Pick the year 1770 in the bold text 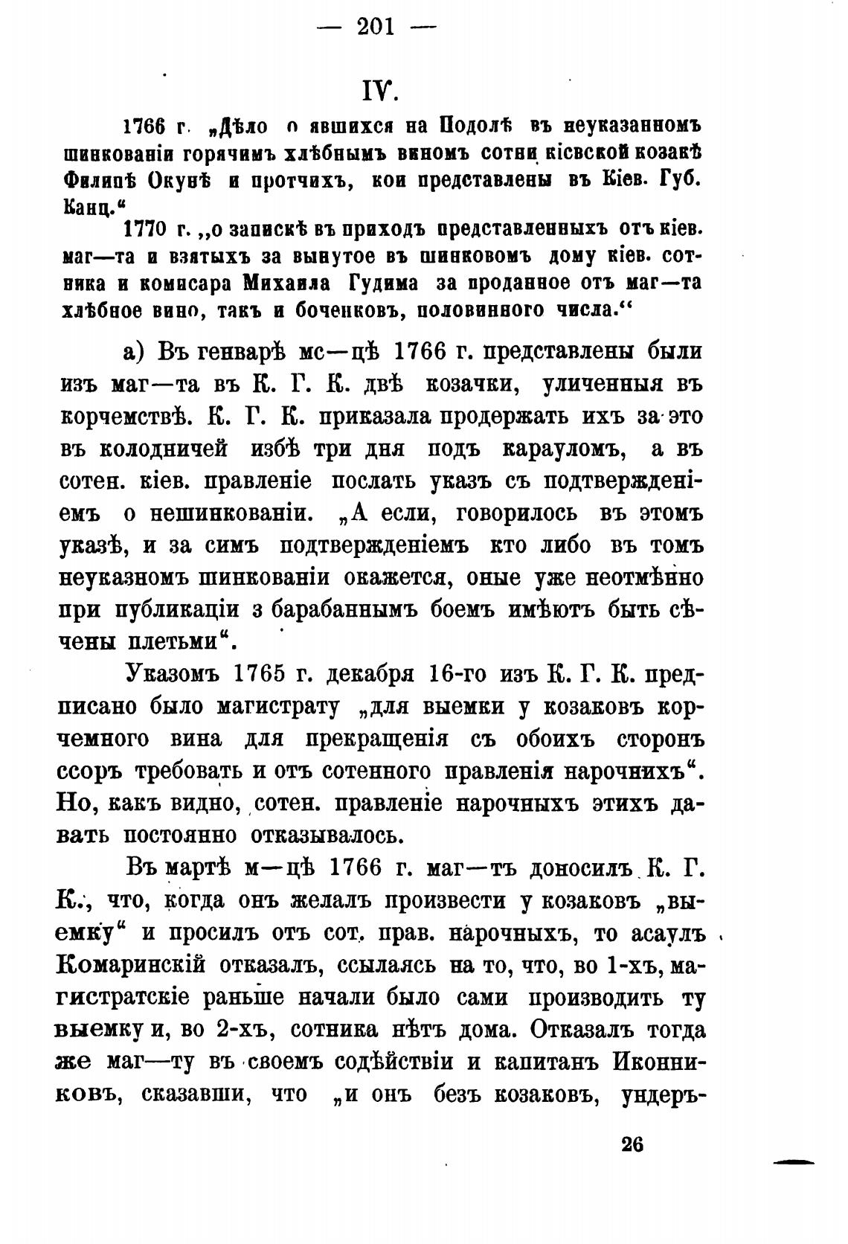pos(147,228)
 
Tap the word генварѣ pos(234,351)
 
